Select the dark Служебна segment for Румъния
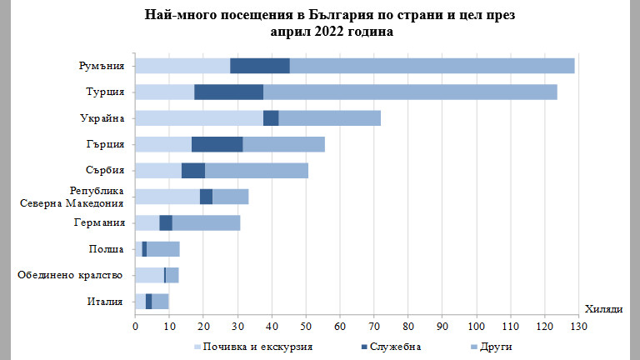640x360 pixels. [259, 66]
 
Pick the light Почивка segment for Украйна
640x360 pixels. [199, 117]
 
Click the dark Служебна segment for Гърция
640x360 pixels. [217, 144]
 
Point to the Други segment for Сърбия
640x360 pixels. [257, 170]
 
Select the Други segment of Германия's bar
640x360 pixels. [206, 222]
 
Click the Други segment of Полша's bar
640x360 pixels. [162, 249]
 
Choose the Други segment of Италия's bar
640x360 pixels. [160, 301]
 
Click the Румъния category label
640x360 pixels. [102, 67]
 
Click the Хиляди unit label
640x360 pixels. [603, 310]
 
